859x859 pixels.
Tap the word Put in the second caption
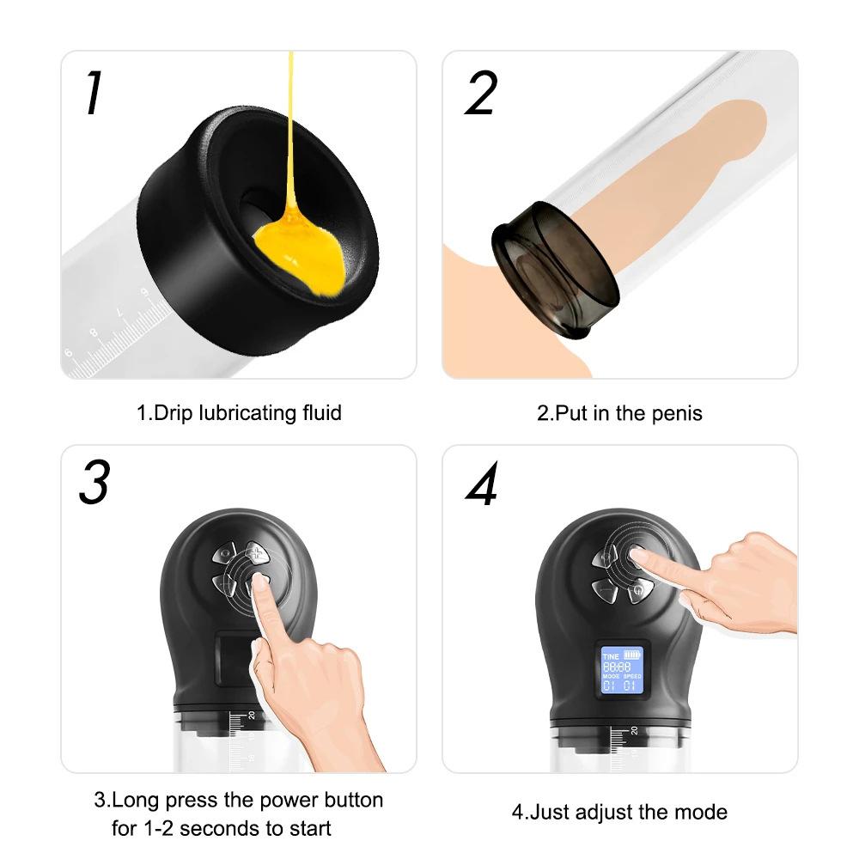click(571, 413)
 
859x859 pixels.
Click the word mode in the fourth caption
click(702, 812)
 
